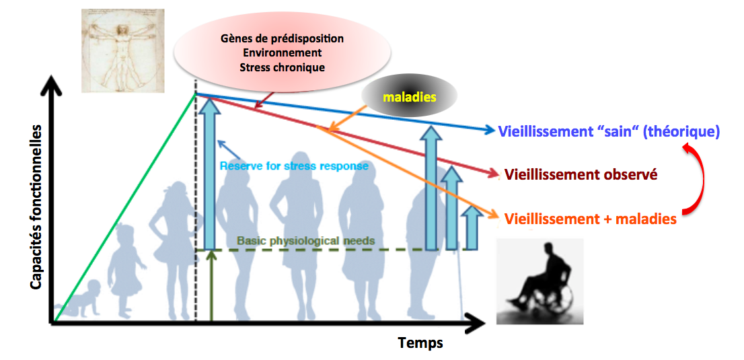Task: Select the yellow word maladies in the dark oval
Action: (410, 97)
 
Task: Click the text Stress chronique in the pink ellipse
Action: (282, 67)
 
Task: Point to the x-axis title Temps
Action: (420, 343)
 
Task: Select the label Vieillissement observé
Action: (581, 175)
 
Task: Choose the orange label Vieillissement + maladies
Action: (590, 219)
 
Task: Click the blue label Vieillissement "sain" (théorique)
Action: (609, 131)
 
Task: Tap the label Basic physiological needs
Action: (305, 240)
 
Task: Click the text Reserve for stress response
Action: (294, 166)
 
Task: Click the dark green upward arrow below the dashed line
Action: (212, 286)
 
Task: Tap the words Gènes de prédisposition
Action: (282, 38)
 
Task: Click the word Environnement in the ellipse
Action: (282, 52)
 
